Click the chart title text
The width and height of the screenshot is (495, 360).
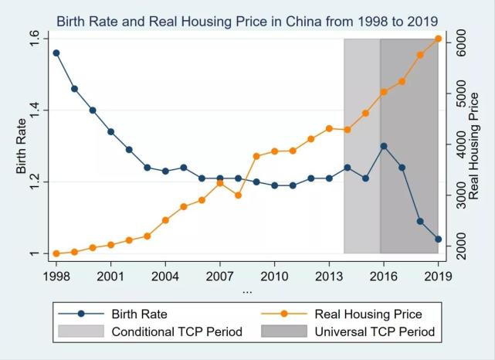[x=247, y=20]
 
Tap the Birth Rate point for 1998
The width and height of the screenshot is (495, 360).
[x=56, y=53]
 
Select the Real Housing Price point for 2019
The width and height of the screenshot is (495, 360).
[x=438, y=39]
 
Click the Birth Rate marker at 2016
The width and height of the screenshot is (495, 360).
[x=384, y=146]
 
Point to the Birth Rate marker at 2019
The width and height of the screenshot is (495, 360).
[x=438, y=239]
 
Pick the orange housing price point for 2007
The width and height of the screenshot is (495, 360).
[x=220, y=182]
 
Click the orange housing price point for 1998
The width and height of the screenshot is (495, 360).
[x=56, y=253]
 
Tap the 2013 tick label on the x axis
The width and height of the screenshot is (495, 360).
[x=329, y=275]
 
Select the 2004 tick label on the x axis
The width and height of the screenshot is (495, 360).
[x=165, y=275]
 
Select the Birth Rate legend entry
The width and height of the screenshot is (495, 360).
[x=139, y=314]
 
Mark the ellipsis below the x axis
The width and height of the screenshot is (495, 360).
[x=247, y=291]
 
